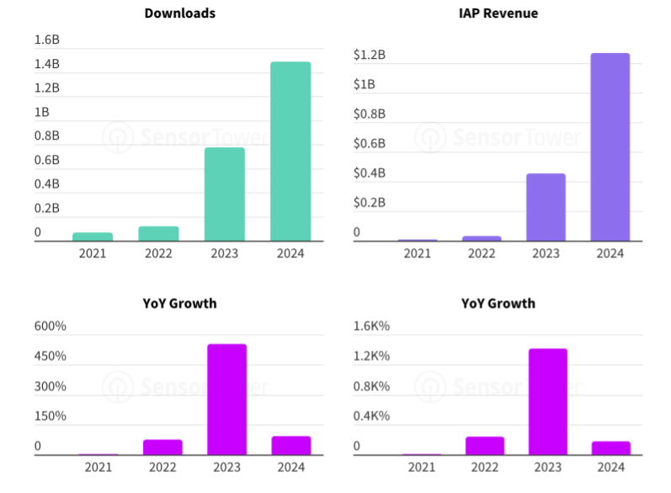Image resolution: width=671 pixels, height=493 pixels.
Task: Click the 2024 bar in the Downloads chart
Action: point(290,151)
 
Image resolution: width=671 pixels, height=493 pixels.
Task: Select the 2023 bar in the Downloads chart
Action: point(225,194)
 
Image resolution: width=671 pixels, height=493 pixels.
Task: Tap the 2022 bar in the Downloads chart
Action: point(159,233)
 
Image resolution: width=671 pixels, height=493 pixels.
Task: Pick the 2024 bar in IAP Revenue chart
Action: point(610,147)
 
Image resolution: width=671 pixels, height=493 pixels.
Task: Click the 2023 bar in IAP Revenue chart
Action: point(546,207)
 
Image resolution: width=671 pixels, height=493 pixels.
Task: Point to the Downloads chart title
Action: point(179,13)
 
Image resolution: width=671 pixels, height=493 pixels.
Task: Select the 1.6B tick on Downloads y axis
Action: point(46,40)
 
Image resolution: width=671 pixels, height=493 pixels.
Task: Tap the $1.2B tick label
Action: point(370,55)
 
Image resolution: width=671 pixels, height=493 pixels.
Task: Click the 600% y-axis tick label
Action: point(50,326)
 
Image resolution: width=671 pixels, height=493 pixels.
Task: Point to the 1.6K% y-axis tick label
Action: point(371,326)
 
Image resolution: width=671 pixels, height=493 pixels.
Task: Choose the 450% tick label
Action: point(50,357)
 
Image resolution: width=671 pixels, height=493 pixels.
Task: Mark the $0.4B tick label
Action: point(370,173)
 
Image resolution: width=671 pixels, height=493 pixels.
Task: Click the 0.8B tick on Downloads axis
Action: point(46,135)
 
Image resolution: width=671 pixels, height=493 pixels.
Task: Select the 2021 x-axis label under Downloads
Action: point(93,253)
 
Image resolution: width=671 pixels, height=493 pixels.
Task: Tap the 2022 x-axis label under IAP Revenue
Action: point(482,253)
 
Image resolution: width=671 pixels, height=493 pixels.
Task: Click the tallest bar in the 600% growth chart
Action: point(226,400)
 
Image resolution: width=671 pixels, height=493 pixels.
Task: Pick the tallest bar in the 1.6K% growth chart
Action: point(547,401)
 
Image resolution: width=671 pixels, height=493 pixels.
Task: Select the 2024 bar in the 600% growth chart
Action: point(291,445)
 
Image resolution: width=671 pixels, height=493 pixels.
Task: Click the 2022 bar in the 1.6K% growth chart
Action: point(484,446)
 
